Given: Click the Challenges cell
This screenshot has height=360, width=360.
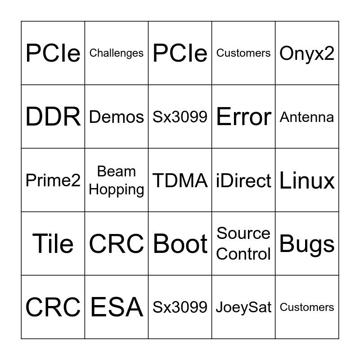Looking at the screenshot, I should (117, 53).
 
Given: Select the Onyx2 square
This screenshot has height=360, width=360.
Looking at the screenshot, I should (307, 53).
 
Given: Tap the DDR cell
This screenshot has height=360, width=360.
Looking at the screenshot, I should (53, 117).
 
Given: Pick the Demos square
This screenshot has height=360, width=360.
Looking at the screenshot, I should (117, 117).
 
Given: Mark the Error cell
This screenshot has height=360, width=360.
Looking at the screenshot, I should (243, 117).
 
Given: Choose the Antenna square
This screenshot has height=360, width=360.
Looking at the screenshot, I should (307, 117).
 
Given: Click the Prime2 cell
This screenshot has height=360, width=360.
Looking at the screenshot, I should (53, 180).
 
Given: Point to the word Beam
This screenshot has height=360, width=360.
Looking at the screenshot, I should (117, 171).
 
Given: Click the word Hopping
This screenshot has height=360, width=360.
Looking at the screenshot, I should (117, 189).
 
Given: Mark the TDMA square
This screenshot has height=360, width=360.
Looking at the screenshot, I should (180, 180).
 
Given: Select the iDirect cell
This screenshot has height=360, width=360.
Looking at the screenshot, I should (243, 180).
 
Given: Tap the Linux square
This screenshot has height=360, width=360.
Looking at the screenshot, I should (307, 180).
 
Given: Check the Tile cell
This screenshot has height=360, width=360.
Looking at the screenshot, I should (53, 244).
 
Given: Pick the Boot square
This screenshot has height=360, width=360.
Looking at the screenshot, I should (180, 244).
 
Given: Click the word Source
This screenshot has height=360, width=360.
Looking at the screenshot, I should (243, 234).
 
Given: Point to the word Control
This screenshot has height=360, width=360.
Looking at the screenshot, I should (243, 254).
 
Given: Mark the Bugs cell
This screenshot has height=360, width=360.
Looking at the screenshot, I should (307, 244).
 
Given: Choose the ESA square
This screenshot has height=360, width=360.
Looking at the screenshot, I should (117, 307).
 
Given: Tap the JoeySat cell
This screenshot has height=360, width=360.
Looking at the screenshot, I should (243, 307).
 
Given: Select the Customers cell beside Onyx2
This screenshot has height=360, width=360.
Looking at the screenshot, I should (243, 53).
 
